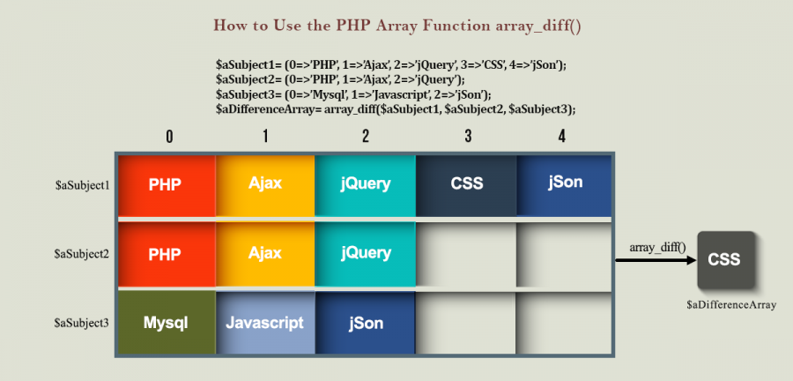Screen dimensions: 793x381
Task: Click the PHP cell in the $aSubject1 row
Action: [167, 186]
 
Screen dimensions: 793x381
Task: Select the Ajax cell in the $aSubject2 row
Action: [265, 254]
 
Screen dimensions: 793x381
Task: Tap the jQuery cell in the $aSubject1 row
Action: [365, 186]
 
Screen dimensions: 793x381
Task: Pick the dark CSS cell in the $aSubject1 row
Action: [466, 186]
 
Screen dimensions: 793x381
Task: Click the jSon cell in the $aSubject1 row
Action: [564, 186]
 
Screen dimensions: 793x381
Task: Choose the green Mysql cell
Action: [167, 322]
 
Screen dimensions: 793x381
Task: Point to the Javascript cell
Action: [265, 322]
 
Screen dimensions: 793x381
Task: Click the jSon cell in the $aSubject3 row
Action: [365, 322]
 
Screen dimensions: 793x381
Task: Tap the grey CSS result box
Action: [726, 260]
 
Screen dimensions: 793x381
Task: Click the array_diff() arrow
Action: [656, 260]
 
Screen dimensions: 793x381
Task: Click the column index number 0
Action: [169, 136]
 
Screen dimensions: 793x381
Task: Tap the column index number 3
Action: [468, 136]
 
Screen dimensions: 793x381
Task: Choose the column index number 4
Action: [562, 136]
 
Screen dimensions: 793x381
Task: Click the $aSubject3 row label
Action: [81, 323]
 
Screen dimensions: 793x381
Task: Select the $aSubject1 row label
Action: [82, 186]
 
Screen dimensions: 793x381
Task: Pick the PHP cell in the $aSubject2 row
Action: [167, 254]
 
